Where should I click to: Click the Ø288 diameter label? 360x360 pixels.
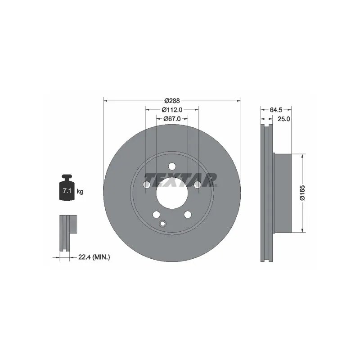172,100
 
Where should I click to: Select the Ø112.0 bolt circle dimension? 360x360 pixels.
172,110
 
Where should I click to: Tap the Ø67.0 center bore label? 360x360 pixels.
172,119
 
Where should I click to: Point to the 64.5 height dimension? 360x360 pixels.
276,110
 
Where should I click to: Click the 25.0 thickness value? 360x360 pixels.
284,119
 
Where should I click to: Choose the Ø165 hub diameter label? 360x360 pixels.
302,193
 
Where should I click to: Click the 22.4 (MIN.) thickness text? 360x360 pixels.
94,257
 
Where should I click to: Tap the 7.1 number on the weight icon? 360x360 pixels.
67,190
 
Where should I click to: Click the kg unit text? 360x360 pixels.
80,191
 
